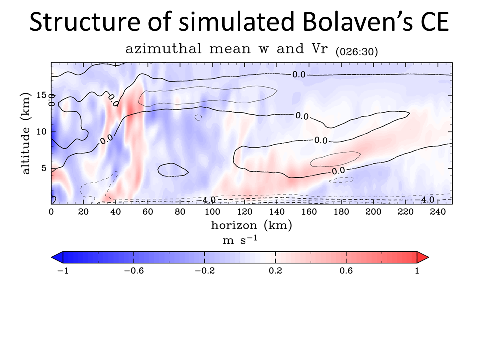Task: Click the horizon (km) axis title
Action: coord(251,225)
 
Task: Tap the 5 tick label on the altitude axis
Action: coord(44,168)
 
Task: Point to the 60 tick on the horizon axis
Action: coord(148,212)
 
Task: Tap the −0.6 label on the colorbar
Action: coord(133,271)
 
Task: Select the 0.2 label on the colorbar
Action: coord(275,271)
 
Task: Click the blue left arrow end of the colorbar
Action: coord(56,257)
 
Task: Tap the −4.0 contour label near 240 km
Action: coord(428,200)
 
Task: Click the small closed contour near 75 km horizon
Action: coord(173,170)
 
